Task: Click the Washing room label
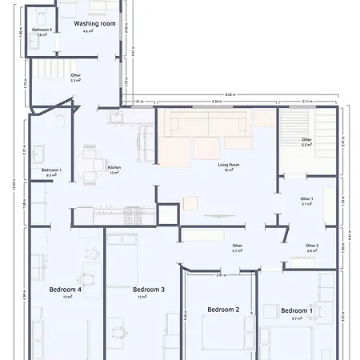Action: (x=96, y=23)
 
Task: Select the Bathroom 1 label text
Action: (x=52, y=170)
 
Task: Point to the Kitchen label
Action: (x=114, y=167)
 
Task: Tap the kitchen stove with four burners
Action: (x=134, y=214)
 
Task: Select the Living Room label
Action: (x=230, y=165)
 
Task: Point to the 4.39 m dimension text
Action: (x=216, y=102)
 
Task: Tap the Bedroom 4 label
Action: (x=66, y=289)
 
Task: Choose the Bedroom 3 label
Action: (x=149, y=289)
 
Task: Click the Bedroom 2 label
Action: (x=224, y=310)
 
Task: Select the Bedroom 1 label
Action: (x=296, y=310)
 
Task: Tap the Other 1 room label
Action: (x=306, y=198)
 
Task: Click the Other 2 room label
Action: (x=312, y=246)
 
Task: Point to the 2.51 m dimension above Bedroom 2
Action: (x=221, y=274)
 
